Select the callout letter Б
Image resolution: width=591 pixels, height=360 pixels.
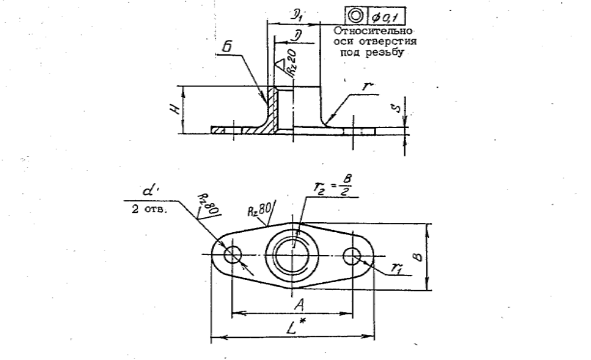[228, 49]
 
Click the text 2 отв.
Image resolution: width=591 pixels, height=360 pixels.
[148, 209]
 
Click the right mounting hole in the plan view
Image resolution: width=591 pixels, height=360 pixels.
[352, 256]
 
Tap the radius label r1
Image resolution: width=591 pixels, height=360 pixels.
[394, 267]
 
